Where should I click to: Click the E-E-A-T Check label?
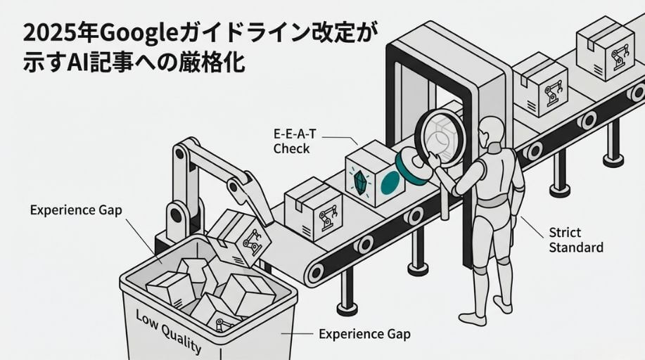[x=295, y=141]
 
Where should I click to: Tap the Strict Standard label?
[x=576, y=240]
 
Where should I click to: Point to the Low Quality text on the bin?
[x=169, y=332]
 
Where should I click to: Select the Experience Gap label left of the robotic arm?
[x=76, y=210]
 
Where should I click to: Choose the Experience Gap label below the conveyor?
[x=364, y=334]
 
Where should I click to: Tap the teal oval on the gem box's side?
[x=390, y=183]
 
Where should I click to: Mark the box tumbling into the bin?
[x=238, y=238]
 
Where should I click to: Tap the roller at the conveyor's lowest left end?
[x=316, y=272]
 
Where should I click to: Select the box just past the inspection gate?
[x=540, y=84]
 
